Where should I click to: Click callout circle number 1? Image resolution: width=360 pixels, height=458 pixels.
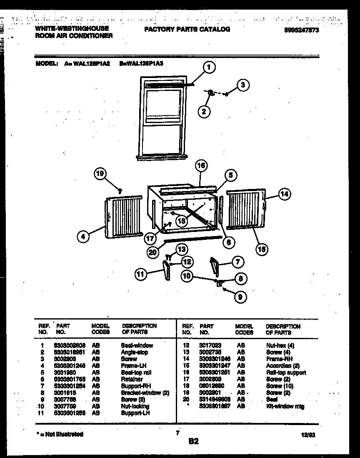210,67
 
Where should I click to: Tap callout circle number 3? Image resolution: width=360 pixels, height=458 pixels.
243,85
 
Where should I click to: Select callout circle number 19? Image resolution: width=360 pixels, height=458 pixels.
101,174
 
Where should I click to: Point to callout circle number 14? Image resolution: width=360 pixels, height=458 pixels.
285,194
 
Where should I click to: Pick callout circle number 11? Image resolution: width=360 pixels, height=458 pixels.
142,274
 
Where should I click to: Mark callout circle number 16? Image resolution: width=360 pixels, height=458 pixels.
201,166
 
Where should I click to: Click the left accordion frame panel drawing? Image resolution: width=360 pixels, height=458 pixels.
122,216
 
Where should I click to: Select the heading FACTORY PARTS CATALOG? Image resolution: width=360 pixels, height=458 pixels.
187,29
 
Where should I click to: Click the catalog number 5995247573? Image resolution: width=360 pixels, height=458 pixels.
302,30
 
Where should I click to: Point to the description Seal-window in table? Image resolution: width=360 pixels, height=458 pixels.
137,345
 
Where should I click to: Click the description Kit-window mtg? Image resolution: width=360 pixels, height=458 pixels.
285,406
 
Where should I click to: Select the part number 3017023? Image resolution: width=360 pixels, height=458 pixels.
210,345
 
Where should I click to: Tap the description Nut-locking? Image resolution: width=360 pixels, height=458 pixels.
135,406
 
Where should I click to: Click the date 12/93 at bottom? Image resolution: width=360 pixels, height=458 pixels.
307,435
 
